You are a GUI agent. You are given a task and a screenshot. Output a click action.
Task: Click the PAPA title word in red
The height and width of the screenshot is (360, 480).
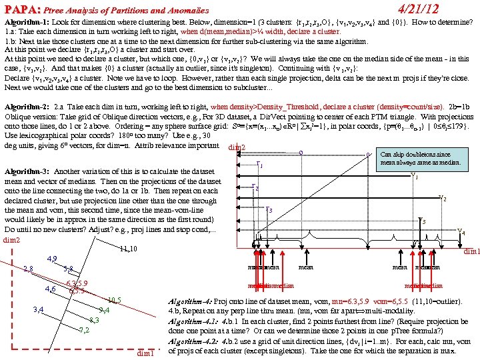tap(21, 9)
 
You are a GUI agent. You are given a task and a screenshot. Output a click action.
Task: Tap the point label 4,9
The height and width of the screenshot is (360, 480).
tap(53, 259)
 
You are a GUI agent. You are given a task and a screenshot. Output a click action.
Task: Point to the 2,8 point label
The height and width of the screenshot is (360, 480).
tap(28, 269)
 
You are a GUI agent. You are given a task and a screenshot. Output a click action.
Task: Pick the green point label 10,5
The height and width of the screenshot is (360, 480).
tap(113, 299)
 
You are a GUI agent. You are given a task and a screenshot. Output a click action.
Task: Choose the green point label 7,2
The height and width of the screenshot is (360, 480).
tap(84, 330)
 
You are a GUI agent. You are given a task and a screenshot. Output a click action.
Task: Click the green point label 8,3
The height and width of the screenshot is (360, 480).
tap(94, 320)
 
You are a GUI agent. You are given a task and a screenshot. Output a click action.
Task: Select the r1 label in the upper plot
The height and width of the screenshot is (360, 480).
tap(259, 165)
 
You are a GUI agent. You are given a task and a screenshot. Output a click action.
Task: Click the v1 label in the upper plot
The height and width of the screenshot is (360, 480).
tap(415, 177)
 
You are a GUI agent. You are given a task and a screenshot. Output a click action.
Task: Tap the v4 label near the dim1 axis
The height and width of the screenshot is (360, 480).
tap(461, 232)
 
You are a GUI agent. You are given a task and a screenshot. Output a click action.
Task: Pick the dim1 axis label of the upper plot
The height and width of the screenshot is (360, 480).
tap(470, 251)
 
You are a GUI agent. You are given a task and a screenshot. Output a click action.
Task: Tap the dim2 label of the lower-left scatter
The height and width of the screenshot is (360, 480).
tap(13, 239)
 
